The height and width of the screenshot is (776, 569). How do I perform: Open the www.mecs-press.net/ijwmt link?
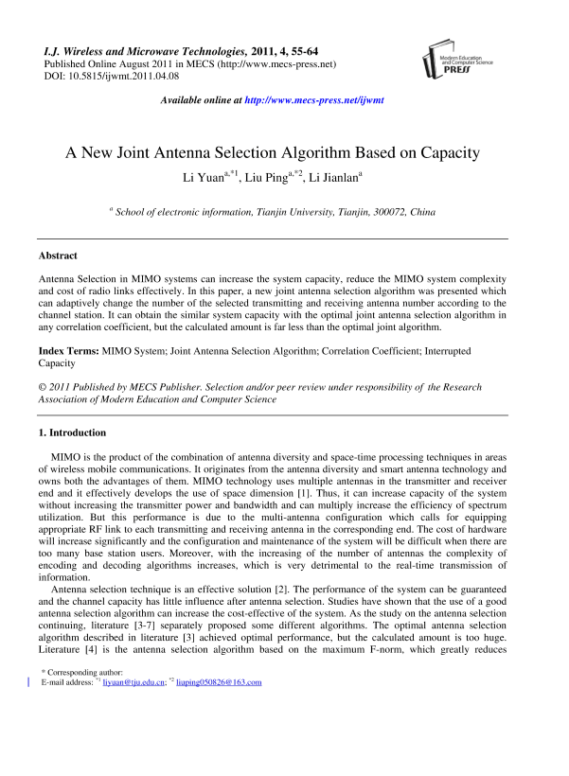tap(326, 99)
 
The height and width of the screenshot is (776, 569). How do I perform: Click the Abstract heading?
tap(58, 256)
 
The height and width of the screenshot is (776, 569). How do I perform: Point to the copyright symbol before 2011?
tap(42, 387)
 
